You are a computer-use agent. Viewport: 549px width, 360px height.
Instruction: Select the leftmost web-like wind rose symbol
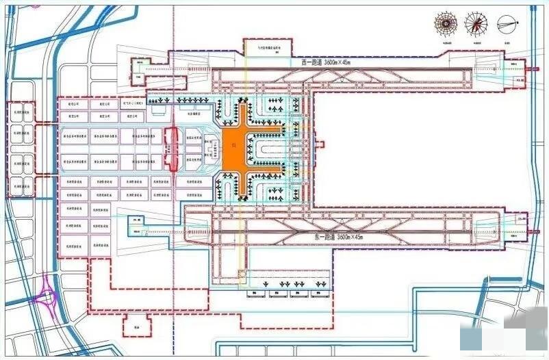446,24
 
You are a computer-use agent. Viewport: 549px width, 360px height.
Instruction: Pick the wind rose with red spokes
476,24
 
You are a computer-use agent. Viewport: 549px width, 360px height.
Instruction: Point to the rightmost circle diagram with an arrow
508,24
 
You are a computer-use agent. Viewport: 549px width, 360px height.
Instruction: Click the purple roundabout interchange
50,297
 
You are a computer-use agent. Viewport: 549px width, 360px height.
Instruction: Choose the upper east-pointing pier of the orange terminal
270,128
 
